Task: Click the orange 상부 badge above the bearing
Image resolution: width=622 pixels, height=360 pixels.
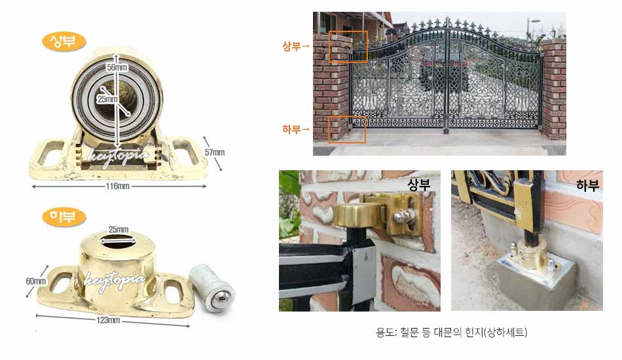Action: coord(64,42)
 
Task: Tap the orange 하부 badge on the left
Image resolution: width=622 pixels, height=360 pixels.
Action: coord(64,217)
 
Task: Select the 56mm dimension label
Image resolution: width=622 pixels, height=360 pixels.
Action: coord(117,67)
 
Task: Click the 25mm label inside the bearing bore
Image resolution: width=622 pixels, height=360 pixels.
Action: coord(107,99)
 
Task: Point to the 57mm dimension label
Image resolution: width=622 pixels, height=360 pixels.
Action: coord(215,153)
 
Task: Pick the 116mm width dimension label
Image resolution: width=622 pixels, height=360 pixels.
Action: coord(117,186)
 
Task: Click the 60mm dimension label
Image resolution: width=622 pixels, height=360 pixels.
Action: coord(36,281)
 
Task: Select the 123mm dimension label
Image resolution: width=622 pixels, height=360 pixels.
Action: coord(108,320)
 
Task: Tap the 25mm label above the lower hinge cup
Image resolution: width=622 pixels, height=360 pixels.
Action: coord(119,230)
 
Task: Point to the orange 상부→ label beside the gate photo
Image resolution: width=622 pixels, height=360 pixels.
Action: coord(296,46)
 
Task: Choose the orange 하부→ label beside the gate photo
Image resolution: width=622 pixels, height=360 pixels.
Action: coord(296,129)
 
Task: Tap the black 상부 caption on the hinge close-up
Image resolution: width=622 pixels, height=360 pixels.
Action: coord(419,185)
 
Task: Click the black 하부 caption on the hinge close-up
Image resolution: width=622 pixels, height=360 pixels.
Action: coord(587,185)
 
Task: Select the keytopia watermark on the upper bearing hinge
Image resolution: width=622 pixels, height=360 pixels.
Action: coord(119,156)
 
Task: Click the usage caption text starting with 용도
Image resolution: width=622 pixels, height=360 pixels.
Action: coord(451,332)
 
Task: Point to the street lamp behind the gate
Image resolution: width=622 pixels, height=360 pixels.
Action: coord(529,29)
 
